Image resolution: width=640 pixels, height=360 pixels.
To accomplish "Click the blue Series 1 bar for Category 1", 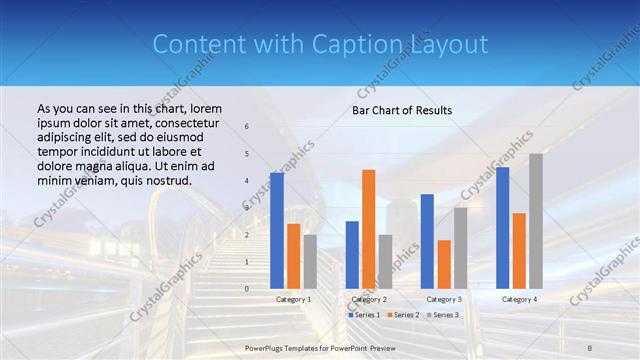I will (x=277, y=231).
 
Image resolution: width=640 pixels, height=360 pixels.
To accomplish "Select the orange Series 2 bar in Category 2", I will (x=369, y=229).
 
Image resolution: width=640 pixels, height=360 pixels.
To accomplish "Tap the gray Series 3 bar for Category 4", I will (x=536, y=221).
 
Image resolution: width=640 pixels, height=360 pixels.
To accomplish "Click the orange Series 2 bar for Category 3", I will (x=444, y=264).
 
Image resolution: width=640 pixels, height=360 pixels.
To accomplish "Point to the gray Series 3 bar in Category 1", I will (x=310, y=261).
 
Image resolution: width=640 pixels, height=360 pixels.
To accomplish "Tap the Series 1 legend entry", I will (x=364, y=315).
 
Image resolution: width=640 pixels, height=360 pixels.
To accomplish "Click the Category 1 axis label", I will (x=293, y=299).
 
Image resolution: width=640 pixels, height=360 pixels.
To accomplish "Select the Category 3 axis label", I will (x=444, y=299).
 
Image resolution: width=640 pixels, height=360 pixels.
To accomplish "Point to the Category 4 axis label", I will (x=519, y=299).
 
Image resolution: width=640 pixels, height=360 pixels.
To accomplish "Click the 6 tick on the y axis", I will (x=247, y=127).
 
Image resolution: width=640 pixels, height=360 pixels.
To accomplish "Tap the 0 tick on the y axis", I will (x=247, y=289).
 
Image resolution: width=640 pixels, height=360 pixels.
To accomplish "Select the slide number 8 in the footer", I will (x=590, y=346).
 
